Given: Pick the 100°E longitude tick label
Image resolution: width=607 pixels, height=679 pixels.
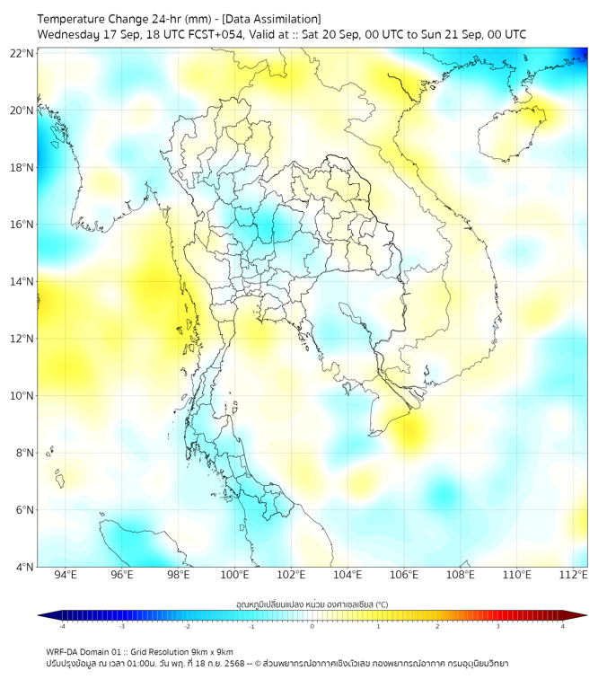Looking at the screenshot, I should pos(235,576).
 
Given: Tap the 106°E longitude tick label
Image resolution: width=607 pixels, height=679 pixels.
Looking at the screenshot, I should pos(404,576).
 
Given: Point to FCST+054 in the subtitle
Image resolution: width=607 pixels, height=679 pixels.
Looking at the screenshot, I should pos(211,34).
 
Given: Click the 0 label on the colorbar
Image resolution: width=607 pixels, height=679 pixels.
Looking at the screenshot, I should pos(312,627).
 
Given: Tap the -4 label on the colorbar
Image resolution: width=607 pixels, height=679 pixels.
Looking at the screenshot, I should pos(61,627).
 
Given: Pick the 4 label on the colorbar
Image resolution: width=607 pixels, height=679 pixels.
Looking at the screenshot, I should pos(563,627).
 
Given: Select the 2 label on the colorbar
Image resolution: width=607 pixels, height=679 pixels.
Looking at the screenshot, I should pos(438,627).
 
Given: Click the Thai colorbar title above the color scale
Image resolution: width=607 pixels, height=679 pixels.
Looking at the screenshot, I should pos(312,604).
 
